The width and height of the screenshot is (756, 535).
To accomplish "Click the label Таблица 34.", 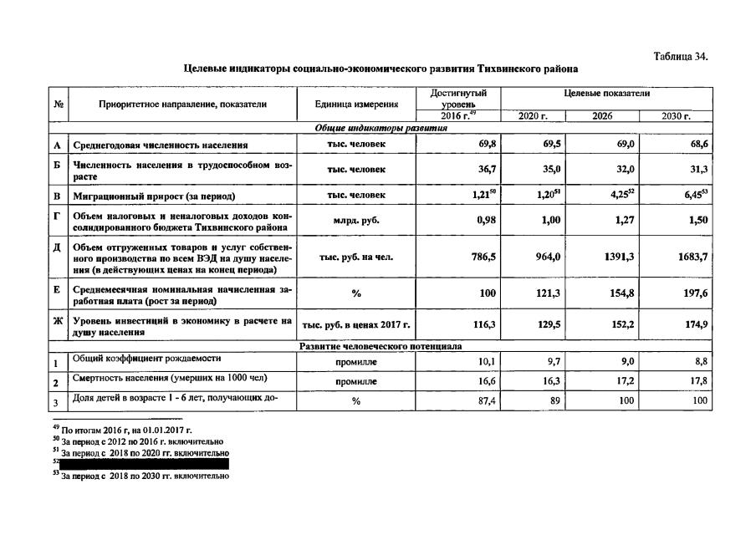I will [680, 56].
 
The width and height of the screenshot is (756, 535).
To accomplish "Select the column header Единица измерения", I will [356, 104].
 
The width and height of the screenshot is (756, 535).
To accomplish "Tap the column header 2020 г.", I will [532, 115].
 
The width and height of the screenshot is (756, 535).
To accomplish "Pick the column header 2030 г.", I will [676, 115].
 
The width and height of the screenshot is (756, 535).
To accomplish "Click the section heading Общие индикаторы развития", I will [381, 128].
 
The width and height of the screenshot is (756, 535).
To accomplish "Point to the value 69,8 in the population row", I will [488, 145].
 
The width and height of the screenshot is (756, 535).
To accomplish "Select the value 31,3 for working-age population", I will [698, 170].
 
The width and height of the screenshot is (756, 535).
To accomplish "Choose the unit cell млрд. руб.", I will [356, 222].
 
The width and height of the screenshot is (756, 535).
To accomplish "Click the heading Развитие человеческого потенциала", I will [381, 345].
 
